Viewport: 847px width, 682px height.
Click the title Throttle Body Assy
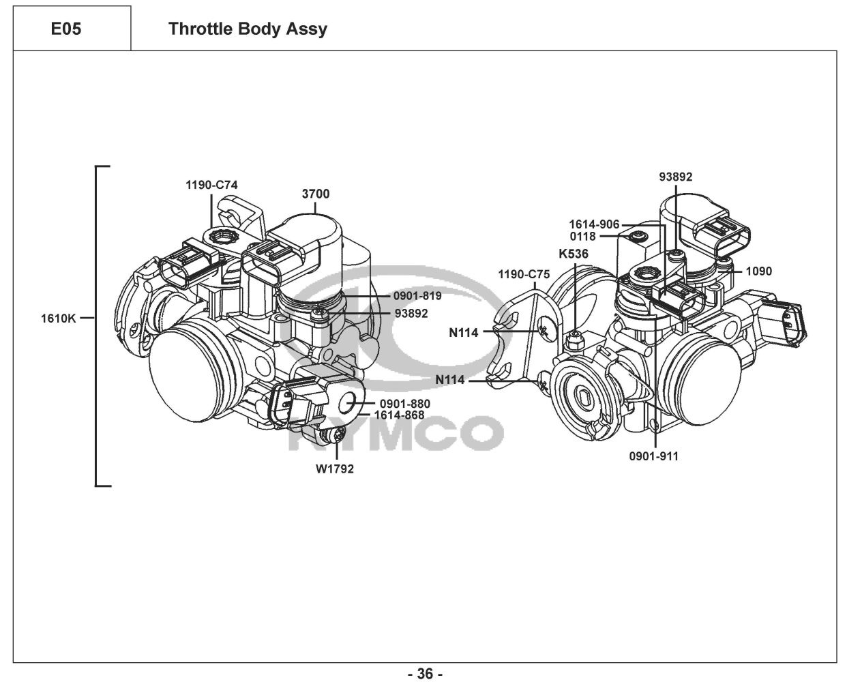248,29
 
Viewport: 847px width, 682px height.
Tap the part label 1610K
59,317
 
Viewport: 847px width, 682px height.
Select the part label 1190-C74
212,185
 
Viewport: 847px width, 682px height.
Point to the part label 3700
316,194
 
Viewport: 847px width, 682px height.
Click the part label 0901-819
417,296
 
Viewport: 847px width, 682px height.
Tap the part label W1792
334,469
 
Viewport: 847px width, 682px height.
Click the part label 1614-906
595,224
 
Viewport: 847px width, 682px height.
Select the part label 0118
583,237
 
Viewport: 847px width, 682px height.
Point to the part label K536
574,254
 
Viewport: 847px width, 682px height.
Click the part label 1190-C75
524,275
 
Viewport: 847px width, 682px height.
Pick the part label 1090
758,271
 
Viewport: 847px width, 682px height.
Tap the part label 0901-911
653,456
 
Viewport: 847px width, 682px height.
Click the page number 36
424,674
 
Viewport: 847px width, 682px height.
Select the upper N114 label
463,333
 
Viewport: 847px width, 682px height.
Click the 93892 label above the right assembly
675,177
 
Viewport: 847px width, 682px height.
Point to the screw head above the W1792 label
336,436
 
